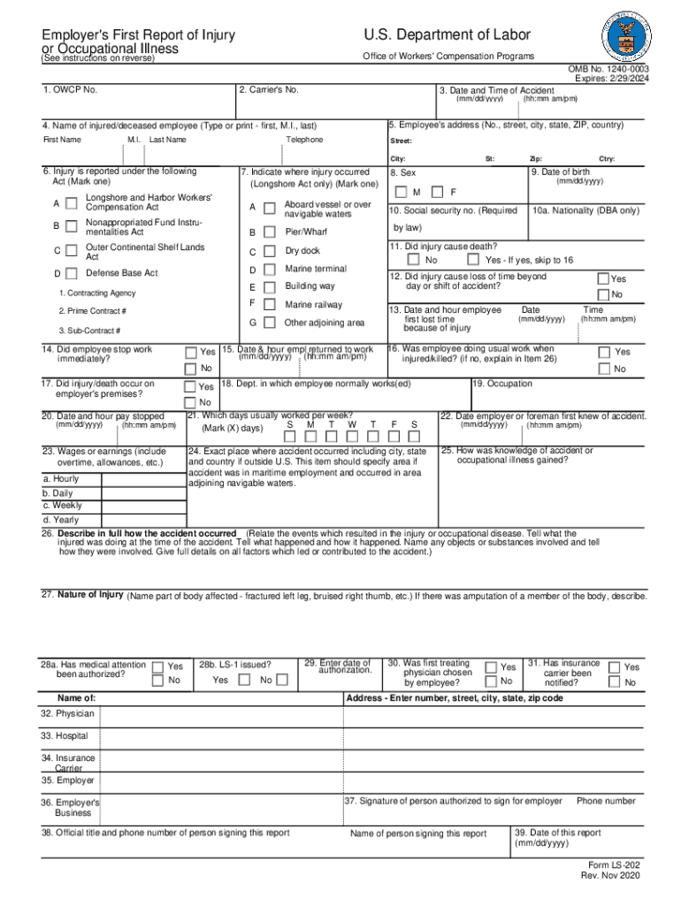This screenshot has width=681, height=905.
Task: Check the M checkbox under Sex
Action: click(x=402, y=192)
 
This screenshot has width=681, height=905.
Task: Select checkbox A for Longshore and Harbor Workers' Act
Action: click(x=71, y=203)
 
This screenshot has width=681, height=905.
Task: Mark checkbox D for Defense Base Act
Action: click(x=71, y=273)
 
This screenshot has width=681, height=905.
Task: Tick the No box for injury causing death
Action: click(x=413, y=260)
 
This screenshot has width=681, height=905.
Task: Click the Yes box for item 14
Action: click(x=190, y=352)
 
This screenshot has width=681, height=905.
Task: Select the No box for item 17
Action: click(x=190, y=402)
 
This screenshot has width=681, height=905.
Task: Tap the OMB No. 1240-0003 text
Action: click(x=608, y=69)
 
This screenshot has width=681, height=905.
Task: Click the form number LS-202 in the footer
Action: click(x=614, y=864)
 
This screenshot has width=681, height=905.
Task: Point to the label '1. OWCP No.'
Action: click(x=70, y=89)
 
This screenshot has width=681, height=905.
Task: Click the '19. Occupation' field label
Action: click(x=503, y=384)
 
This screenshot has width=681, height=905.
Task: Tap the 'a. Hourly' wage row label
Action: click(x=60, y=478)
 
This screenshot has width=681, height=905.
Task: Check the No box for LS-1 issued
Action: click(x=281, y=680)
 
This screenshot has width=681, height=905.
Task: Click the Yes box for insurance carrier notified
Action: click(x=614, y=667)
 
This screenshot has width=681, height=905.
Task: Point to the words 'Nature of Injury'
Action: click(x=90, y=594)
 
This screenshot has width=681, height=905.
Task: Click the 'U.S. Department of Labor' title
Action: click(x=447, y=34)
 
